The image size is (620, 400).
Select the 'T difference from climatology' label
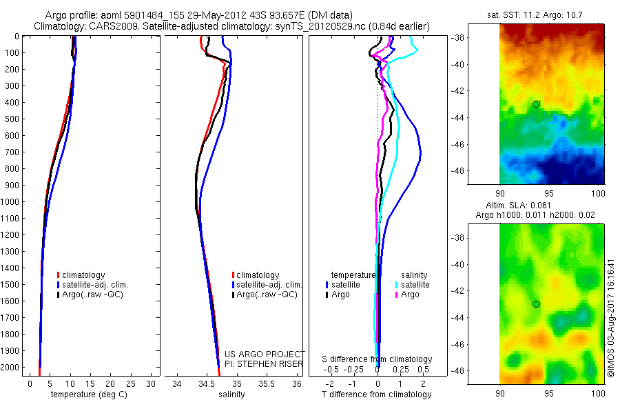click(377, 394)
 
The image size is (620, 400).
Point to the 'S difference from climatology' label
click(377, 359)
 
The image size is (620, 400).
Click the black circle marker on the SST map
click(536, 104)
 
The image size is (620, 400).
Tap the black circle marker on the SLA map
click(536, 304)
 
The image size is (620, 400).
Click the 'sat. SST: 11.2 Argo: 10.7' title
click(544, 14)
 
